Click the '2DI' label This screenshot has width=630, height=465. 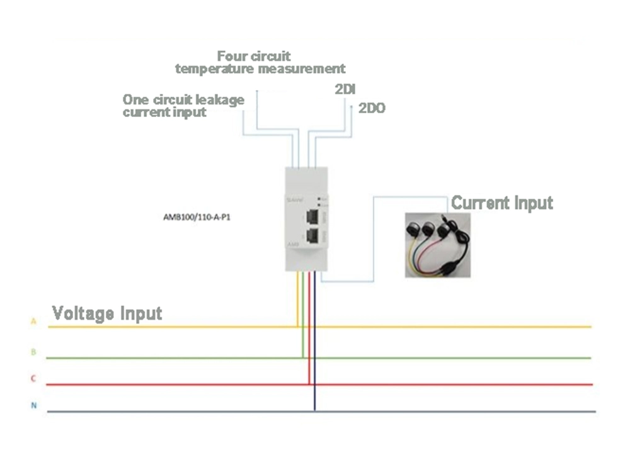345,88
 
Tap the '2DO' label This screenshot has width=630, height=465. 372,108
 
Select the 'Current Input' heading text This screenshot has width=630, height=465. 502,203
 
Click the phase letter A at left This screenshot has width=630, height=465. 33,322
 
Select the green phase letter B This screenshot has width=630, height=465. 33,352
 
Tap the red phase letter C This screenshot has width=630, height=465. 33,379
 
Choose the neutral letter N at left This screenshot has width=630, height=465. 33,406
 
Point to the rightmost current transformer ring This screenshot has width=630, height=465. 444,228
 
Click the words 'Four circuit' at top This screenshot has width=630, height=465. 254,56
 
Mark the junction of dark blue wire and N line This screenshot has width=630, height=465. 314,412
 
